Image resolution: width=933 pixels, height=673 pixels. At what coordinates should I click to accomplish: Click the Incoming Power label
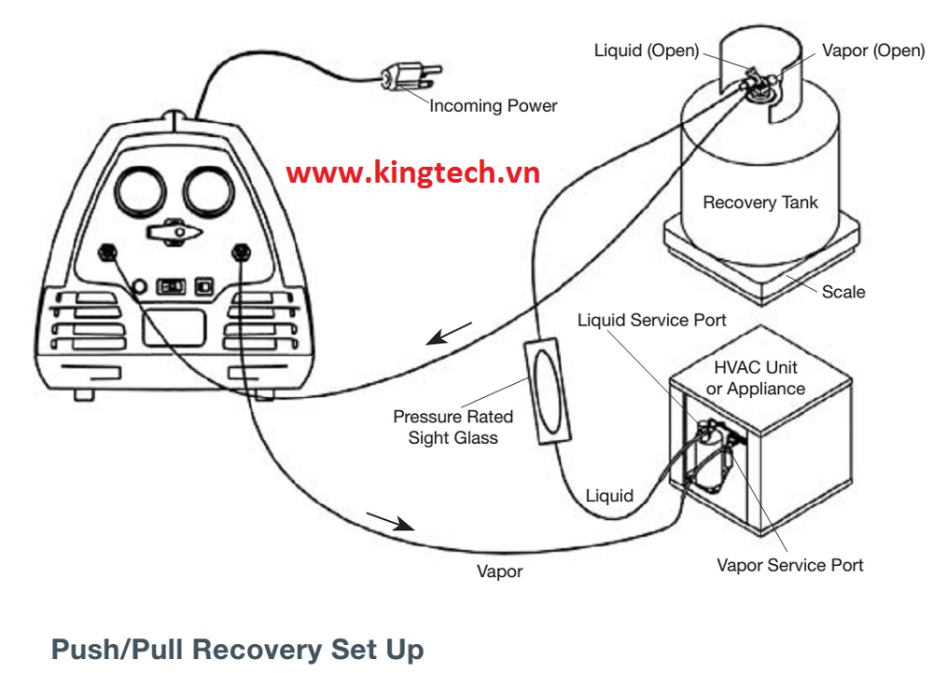[x=493, y=106]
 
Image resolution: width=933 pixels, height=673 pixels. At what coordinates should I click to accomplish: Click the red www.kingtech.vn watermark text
[x=413, y=172]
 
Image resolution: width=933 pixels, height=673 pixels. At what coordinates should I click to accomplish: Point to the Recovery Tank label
[x=759, y=202]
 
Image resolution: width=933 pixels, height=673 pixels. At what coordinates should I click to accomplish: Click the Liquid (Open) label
[x=646, y=50]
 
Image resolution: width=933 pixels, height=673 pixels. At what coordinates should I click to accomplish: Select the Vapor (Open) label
[x=873, y=50]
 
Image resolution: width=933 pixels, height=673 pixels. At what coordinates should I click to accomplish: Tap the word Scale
[x=843, y=292]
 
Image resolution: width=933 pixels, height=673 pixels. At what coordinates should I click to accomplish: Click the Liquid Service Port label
[x=651, y=321]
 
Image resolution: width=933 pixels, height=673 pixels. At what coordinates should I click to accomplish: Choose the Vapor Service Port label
[x=789, y=565]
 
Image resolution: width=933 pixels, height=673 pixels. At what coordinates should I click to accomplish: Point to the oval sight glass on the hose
[x=542, y=391]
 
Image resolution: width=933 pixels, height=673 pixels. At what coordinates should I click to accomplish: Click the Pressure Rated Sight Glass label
[x=453, y=427]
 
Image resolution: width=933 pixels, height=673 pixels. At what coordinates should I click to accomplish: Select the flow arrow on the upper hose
[x=449, y=334]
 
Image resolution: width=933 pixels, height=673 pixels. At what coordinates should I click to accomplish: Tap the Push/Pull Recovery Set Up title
[x=237, y=649]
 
